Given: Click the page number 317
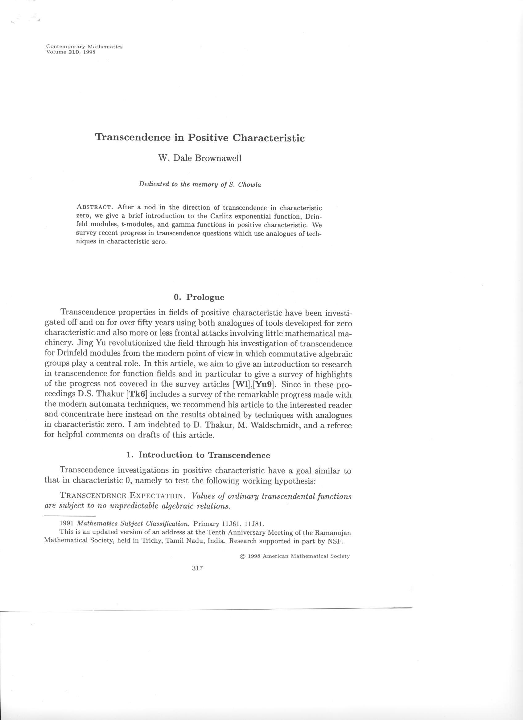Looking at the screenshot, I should point(197,568).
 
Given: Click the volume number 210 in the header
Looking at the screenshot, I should point(73,52).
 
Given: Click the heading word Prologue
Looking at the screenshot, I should point(205,297).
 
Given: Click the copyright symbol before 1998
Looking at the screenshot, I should point(243,556).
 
